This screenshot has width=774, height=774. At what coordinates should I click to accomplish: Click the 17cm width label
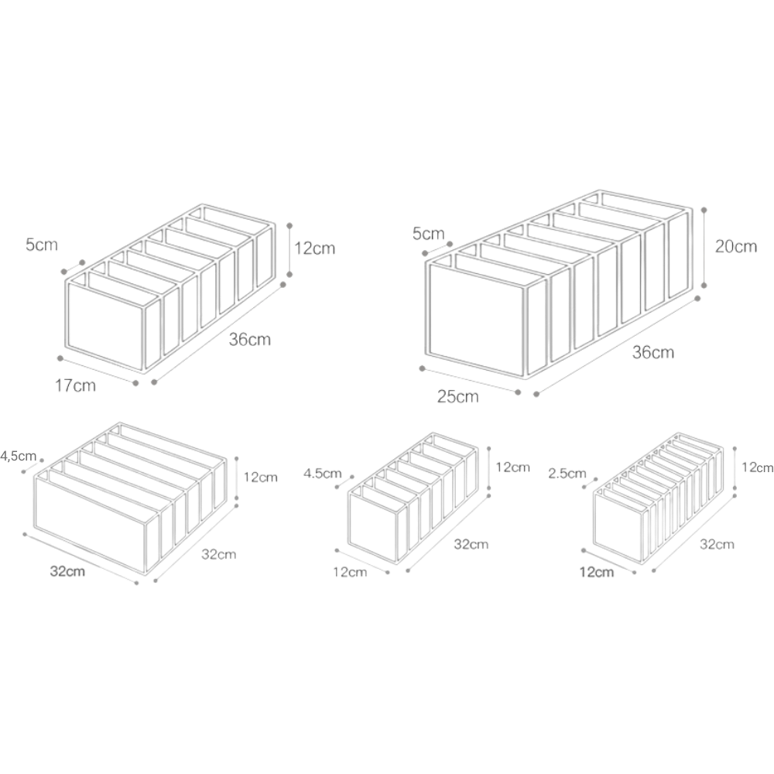point(75,385)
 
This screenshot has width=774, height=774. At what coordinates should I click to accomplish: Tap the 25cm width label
point(457,396)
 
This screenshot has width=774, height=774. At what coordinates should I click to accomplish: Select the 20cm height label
point(736,246)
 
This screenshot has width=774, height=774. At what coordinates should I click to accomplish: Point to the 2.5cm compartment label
point(567,474)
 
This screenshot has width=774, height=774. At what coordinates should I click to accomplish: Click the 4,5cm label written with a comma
point(19,456)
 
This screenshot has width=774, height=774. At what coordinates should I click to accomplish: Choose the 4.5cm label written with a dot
point(322,474)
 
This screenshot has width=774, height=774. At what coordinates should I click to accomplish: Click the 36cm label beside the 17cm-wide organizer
point(250,340)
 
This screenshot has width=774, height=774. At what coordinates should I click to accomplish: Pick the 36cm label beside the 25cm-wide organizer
point(653,352)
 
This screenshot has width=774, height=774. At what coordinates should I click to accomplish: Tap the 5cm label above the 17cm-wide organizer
point(42,245)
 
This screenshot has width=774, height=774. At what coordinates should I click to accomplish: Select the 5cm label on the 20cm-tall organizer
point(429,233)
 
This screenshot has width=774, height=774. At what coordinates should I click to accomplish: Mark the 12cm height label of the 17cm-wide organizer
point(315,248)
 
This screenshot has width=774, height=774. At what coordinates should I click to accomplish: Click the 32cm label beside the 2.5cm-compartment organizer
point(717,544)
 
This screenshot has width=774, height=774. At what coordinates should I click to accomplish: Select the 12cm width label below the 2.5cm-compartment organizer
point(597,572)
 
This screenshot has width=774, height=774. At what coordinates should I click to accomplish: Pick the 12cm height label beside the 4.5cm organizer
point(513,467)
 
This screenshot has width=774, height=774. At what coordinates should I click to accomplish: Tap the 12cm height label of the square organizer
point(261,478)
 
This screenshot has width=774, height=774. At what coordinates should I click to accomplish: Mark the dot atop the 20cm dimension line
point(704,210)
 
